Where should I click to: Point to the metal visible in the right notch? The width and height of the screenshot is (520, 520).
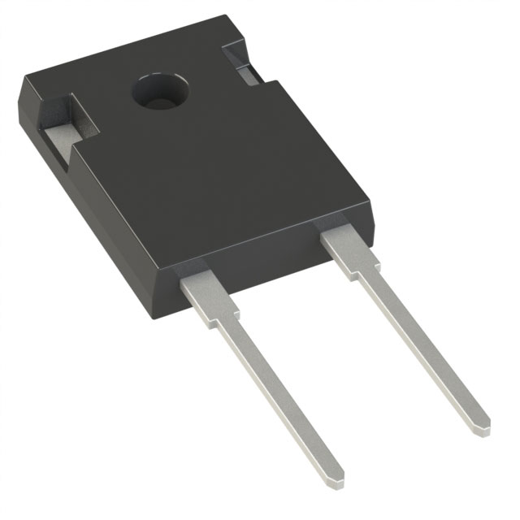point(248,73)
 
